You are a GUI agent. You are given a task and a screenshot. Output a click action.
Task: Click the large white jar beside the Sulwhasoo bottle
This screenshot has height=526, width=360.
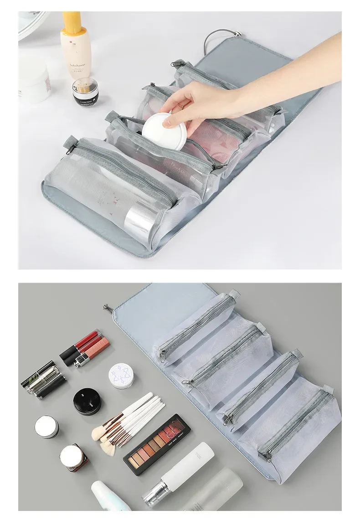point(34,80)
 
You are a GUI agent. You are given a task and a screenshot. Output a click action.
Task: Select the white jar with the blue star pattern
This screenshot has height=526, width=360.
point(121,376)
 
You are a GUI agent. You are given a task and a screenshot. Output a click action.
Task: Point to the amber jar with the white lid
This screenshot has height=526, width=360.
point(73,457)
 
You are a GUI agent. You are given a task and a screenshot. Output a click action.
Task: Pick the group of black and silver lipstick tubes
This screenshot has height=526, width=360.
point(44,380)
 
